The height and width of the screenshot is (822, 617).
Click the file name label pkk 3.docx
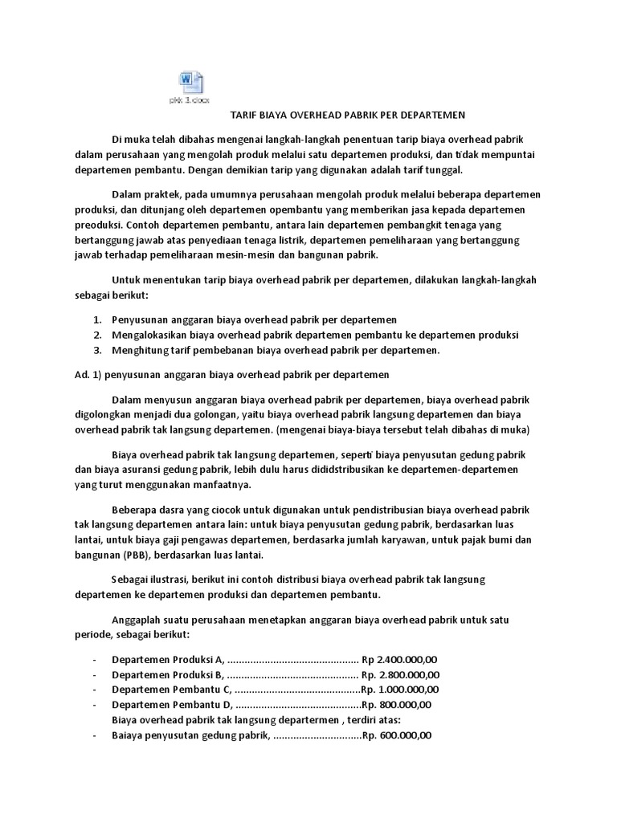189,100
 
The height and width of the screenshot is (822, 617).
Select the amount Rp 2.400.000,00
397,658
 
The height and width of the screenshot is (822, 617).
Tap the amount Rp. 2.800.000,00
399,673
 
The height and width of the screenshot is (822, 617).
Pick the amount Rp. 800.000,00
396,704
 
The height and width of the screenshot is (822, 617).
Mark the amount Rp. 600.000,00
397,735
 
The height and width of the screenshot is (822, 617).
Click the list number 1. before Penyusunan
97,319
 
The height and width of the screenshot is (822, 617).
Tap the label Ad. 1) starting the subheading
80,374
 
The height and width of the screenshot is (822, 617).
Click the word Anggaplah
139,620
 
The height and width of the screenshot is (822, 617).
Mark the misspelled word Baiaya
129,735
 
